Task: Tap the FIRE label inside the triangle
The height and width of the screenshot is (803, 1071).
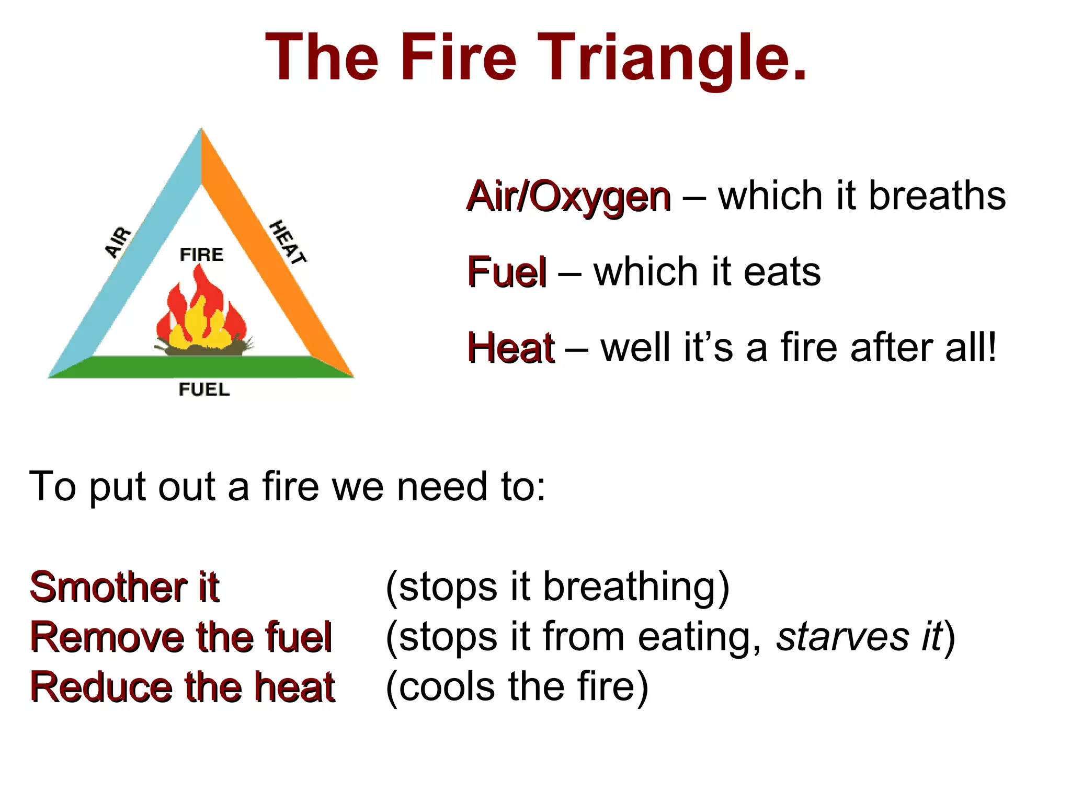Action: click(x=201, y=255)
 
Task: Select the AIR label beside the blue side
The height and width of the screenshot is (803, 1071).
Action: click(x=118, y=242)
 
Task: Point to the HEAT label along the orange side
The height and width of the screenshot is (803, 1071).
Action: click(x=287, y=242)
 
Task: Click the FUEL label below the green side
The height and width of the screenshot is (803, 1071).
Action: click(x=204, y=389)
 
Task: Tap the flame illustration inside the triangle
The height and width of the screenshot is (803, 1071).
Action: click(x=201, y=314)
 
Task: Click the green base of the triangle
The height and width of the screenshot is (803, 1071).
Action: click(x=201, y=366)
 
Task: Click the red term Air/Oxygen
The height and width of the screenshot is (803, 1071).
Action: click(x=568, y=197)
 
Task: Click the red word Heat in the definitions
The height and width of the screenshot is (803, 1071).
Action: click(x=510, y=348)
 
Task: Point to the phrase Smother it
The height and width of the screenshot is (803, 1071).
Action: click(x=124, y=587)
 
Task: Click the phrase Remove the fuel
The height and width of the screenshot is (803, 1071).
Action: click(x=181, y=637)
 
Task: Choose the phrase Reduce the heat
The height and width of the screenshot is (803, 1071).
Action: click(x=182, y=687)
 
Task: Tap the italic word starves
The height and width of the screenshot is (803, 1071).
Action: click(x=842, y=637)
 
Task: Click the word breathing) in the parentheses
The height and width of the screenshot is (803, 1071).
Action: click(x=636, y=587)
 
